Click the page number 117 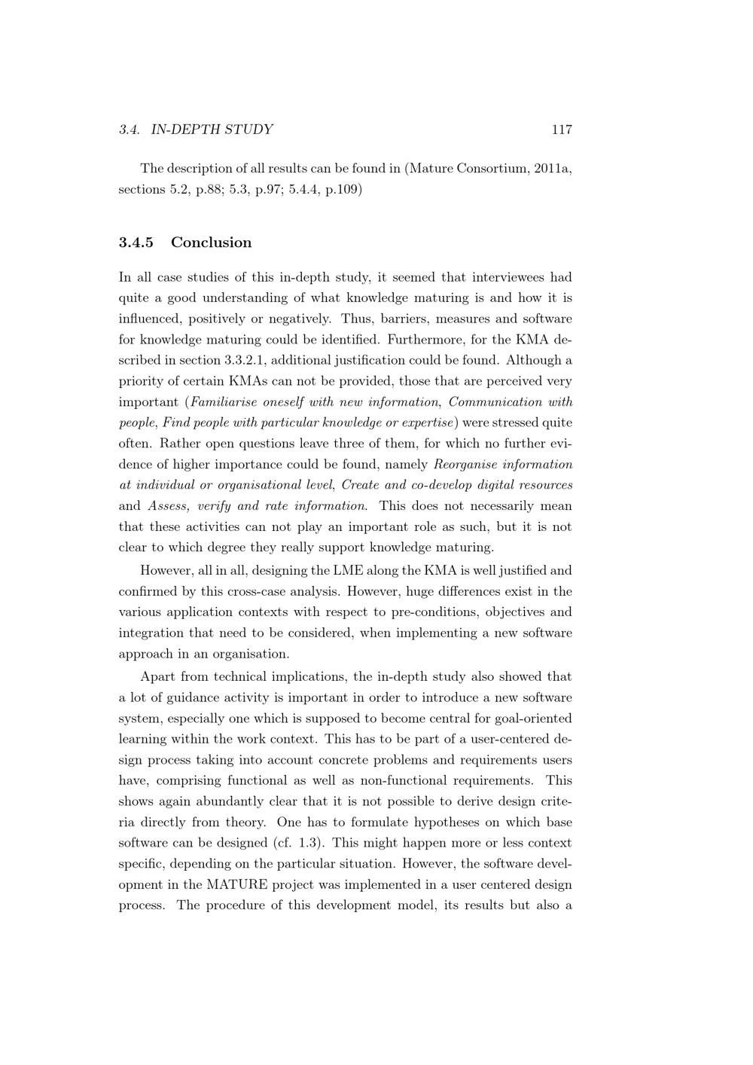pyautogui.click(x=562, y=130)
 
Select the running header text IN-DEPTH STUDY pyautogui.click(x=212, y=130)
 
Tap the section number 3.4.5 pyautogui.click(x=136, y=243)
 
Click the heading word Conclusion pyautogui.click(x=211, y=243)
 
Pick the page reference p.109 pyautogui.click(x=341, y=189)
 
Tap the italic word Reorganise pyautogui.click(x=465, y=465)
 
